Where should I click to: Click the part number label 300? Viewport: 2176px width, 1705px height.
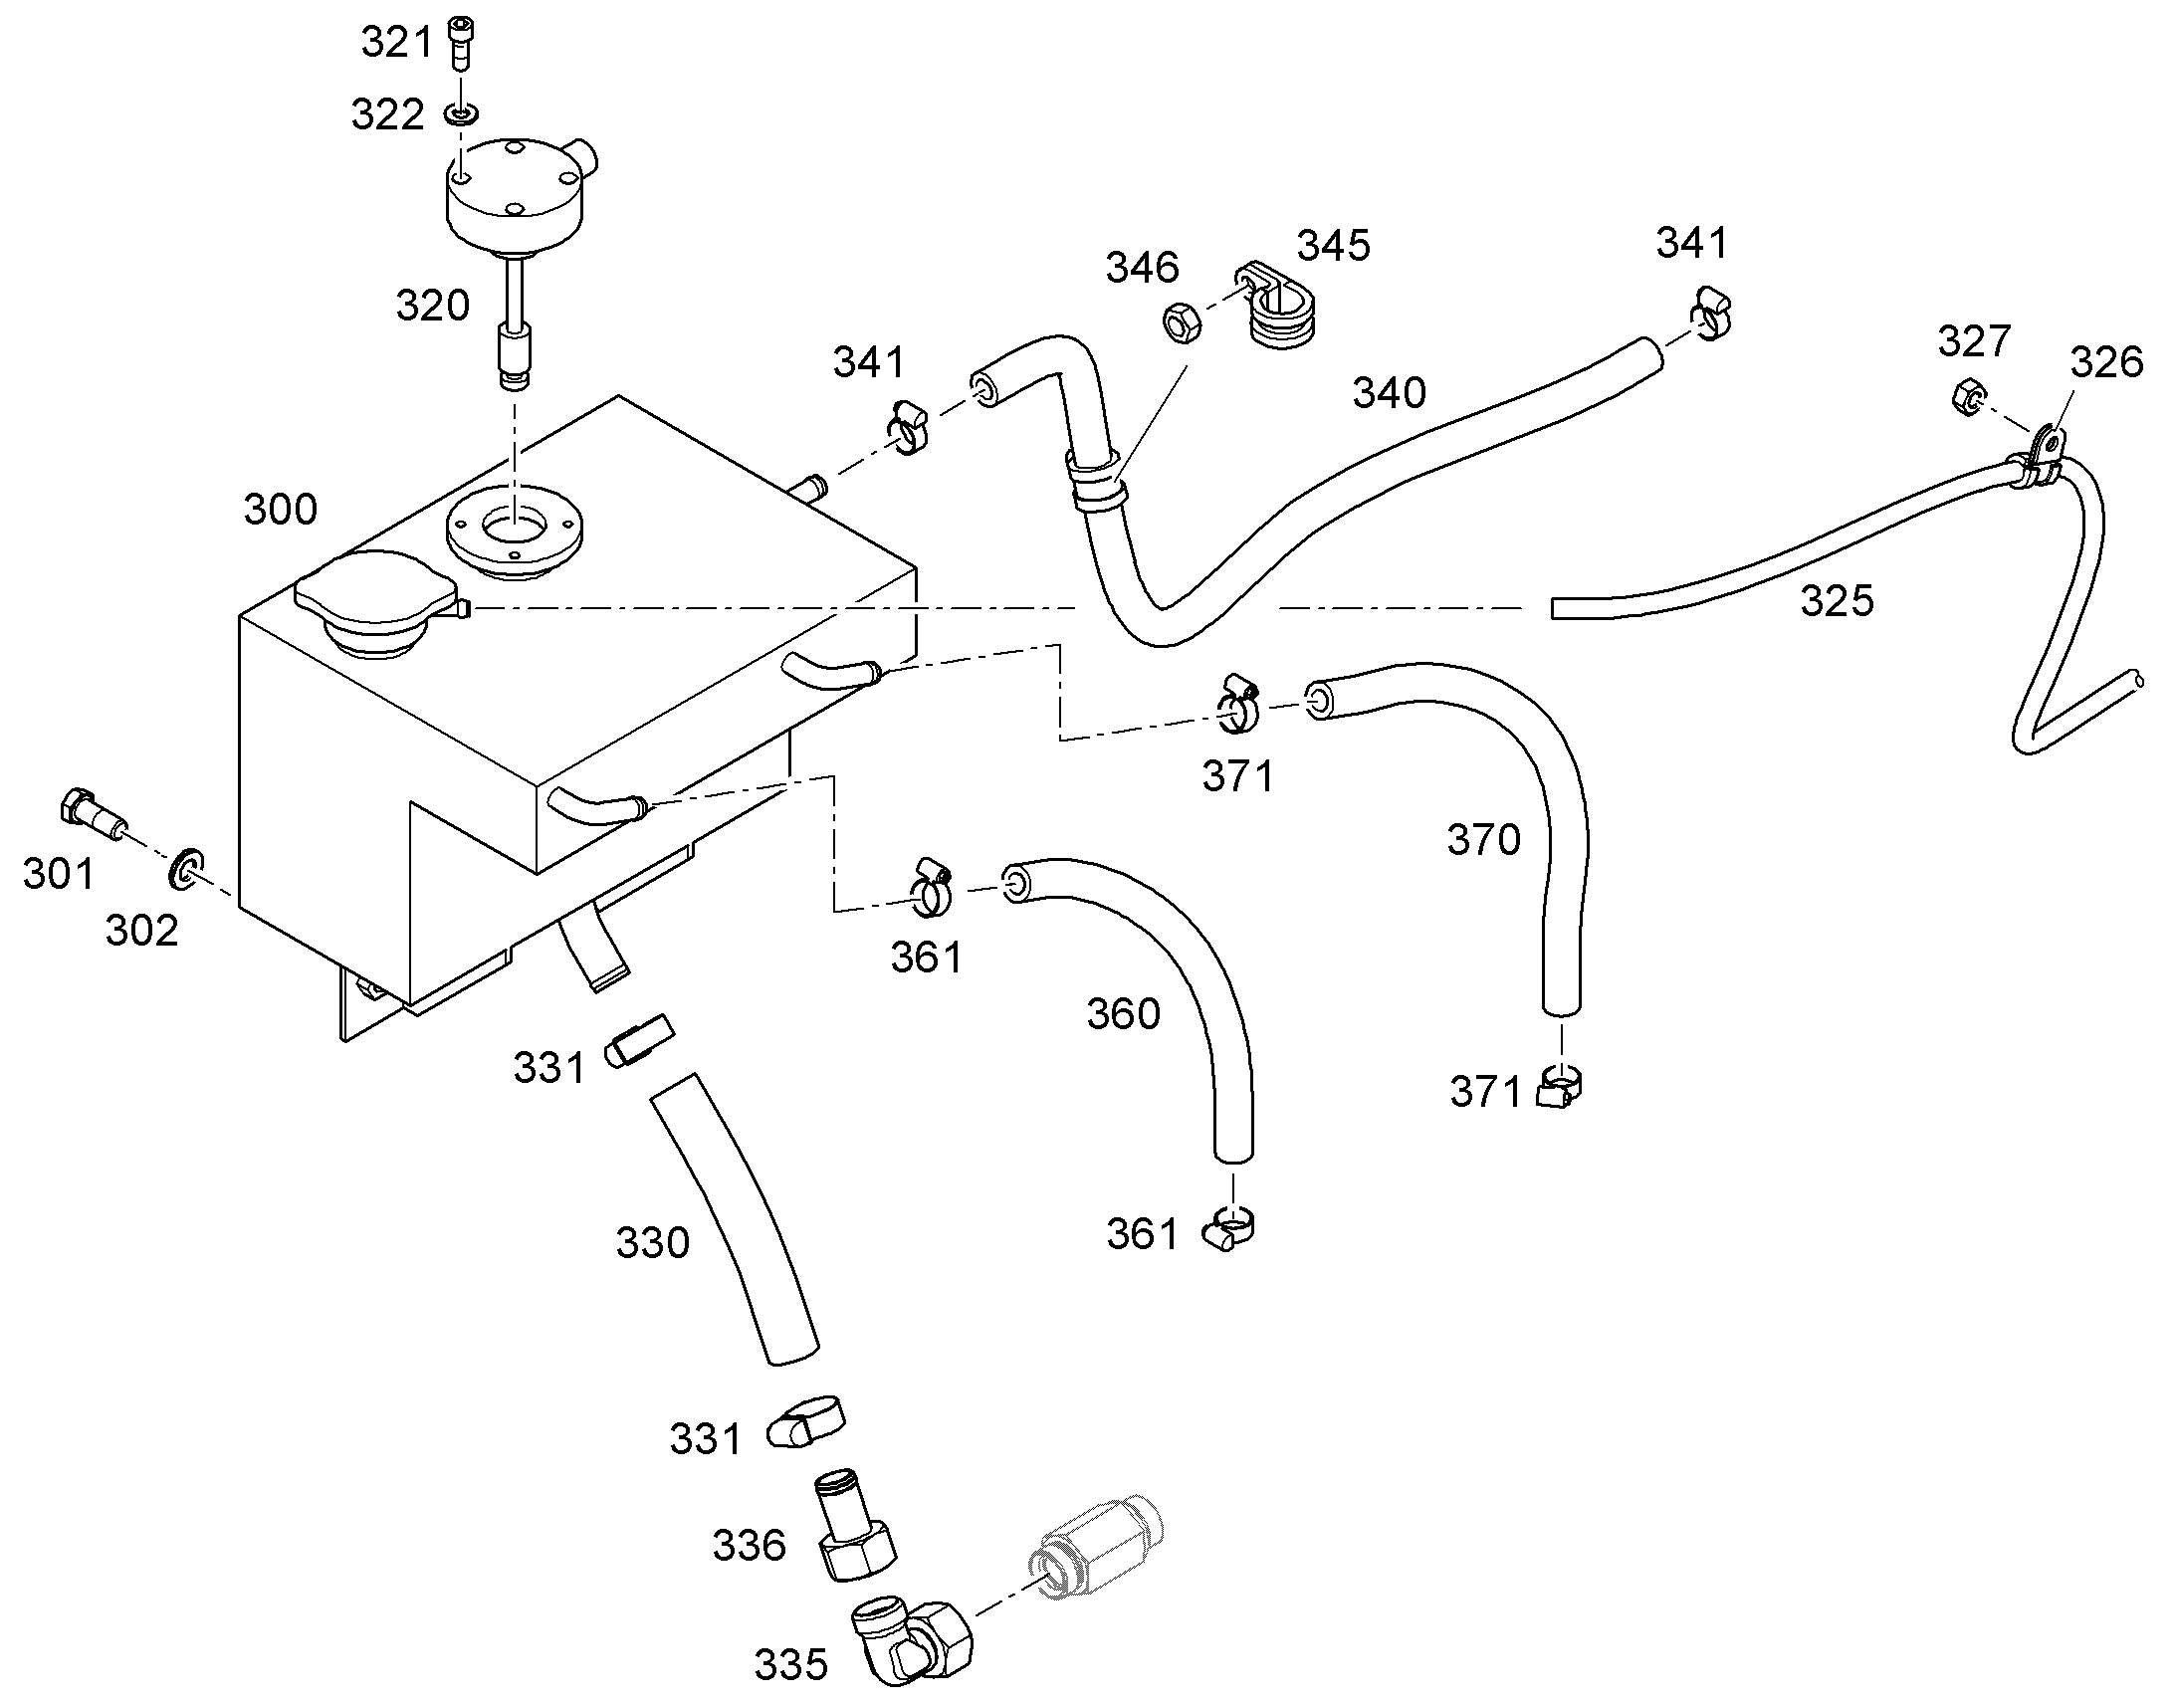[x=281, y=510]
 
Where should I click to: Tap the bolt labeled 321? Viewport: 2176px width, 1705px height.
[x=460, y=44]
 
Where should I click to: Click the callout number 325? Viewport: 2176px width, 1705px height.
[x=1837, y=602]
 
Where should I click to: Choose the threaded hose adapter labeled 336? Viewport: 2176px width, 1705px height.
[x=855, y=1525]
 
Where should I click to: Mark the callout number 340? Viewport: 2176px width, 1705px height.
[x=1390, y=393]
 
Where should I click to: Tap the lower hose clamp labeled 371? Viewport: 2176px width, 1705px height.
[x=1559, y=1085]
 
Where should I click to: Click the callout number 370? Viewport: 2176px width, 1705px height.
[x=1484, y=840]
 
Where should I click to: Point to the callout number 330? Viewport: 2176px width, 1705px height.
[x=653, y=1244]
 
